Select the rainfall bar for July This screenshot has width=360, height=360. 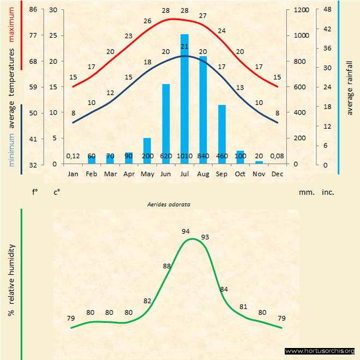pos(184,98)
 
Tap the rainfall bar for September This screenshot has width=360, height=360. pos(222,134)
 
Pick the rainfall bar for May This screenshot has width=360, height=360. pos(147,151)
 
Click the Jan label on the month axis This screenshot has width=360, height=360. pos(73,174)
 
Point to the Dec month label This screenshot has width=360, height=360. pos(278,174)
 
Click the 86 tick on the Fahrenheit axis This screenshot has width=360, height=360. pos(33,10)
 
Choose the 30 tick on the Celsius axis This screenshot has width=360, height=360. pos(52,10)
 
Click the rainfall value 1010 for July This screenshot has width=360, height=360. pos(184,156)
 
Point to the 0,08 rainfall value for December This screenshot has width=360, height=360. pos(278,156)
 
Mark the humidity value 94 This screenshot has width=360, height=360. pos(186,231)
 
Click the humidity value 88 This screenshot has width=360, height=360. pos(167,266)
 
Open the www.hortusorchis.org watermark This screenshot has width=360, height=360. pos(320,351)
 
